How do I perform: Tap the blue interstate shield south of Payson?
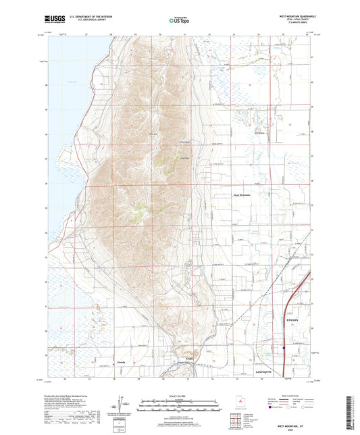point(284,349)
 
